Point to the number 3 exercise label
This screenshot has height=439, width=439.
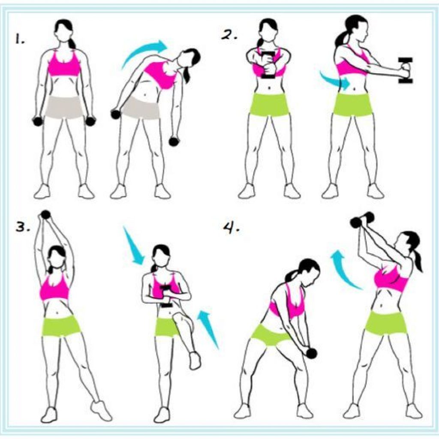point(22,227)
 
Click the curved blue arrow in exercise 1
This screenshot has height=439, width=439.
point(143,51)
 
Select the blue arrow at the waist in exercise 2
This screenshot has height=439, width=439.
point(336,80)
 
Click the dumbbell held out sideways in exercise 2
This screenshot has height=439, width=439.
point(406,70)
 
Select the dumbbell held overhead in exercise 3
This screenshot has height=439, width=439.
point(45,215)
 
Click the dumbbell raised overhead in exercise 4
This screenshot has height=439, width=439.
point(362,219)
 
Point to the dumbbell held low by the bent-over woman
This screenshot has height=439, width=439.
point(311,353)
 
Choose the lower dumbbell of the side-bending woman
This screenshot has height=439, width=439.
point(174,141)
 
